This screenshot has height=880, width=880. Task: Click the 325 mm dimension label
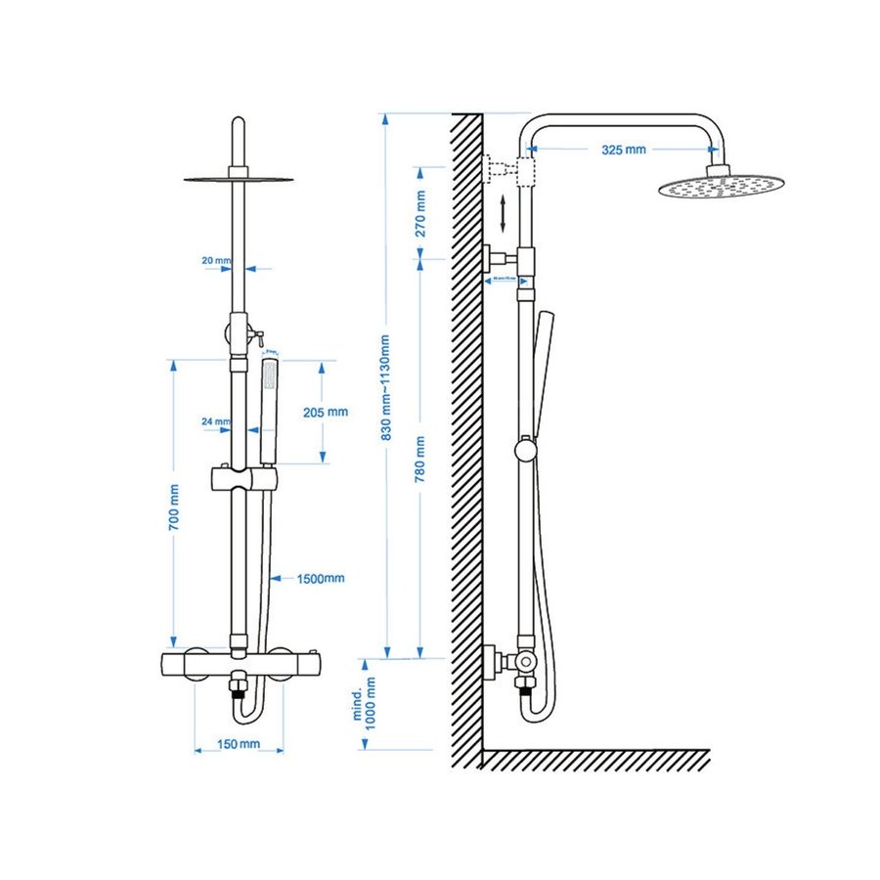(x=624, y=150)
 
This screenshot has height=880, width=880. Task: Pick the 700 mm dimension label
(x=174, y=507)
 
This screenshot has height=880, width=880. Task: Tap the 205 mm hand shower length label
(x=326, y=412)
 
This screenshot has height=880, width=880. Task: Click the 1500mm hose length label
(x=321, y=578)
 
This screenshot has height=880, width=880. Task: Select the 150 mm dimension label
(x=240, y=745)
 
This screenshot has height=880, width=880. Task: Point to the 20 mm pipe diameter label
(x=215, y=261)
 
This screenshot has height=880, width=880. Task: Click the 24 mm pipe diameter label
(x=215, y=422)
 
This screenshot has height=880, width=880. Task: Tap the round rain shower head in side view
(x=721, y=184)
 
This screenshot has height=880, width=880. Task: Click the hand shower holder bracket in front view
(x=243, y=480)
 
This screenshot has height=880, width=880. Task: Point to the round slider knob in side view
(x=526, y=449)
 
